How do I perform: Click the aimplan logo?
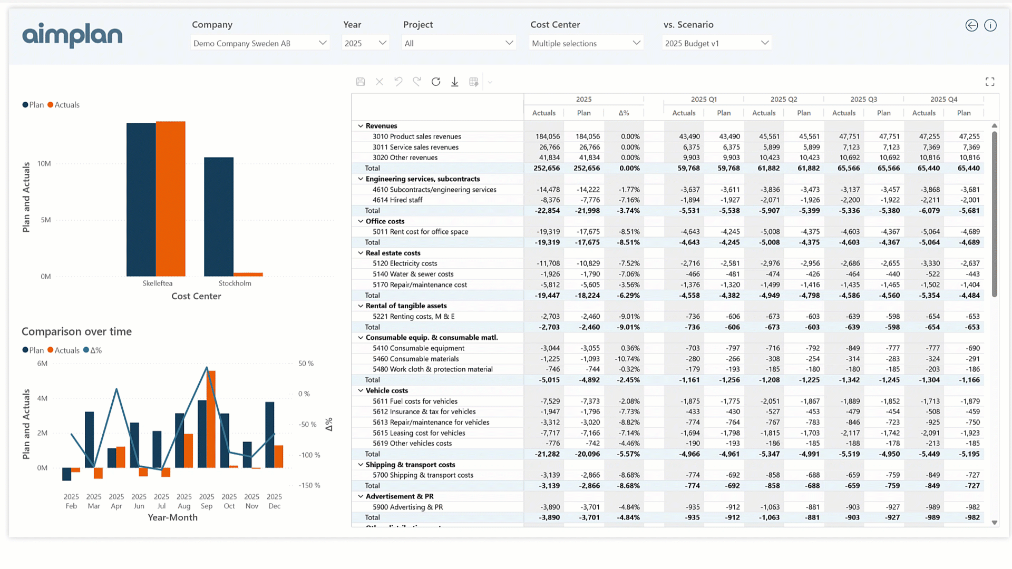(72, 35)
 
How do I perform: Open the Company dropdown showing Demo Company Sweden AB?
(260, 43)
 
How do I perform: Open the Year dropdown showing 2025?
(365, 43)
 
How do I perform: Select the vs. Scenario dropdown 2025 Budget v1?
(716, 43)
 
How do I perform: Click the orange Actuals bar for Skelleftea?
(170, 199)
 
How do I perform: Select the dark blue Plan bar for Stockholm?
(219, 217)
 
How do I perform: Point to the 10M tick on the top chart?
(44, 164)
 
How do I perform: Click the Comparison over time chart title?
(76, 331)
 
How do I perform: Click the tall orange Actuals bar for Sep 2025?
(211, 419)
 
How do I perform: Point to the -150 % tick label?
(309, 485)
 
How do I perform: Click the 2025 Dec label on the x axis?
(274, 501)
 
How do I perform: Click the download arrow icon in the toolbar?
(454, 82)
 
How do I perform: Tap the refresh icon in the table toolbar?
(436, 82)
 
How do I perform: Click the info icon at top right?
(990, 25)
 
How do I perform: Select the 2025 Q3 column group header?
(863, 99)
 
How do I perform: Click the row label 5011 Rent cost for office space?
(420, 232)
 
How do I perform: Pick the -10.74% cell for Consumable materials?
(627, 359)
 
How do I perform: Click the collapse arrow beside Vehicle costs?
(361, 390)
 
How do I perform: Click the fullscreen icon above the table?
(990, 82)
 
